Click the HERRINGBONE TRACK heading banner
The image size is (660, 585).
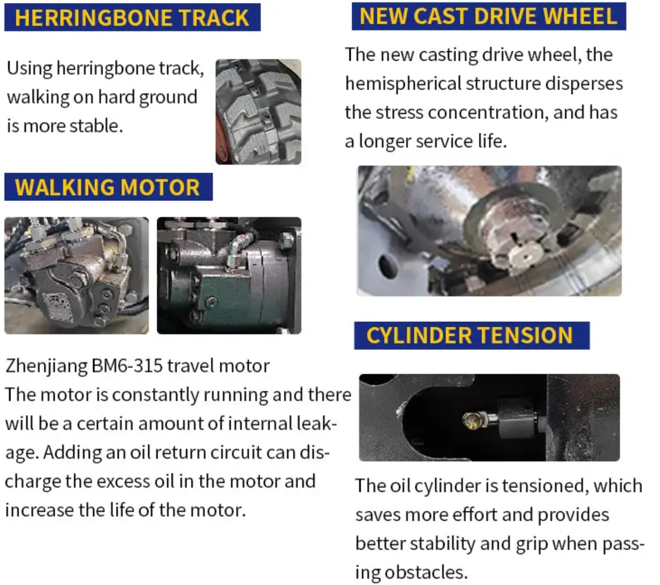click(132, 17)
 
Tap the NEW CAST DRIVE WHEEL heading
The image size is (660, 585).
click(488, 16)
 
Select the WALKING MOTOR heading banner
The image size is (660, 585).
click(108, 187)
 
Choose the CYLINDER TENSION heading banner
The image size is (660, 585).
click(471, 335)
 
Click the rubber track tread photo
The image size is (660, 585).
click(258, 111)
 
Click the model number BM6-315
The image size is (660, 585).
click(127, 366)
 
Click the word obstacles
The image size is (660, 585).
click(426, 572)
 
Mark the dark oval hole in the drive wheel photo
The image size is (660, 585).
click(388, 265)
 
